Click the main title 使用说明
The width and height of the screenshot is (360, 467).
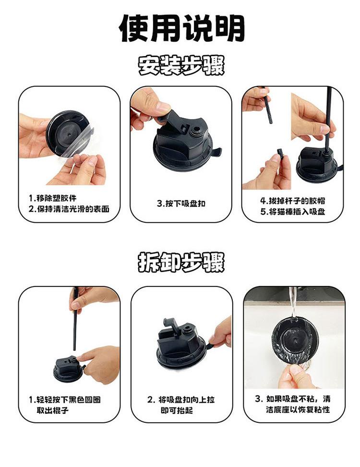pyautogui.click(x=181, y=28)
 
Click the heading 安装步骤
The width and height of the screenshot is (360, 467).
pyautogui.click(x=181, y=65)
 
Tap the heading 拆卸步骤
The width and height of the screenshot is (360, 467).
pyautogui.click(x=181, y=262)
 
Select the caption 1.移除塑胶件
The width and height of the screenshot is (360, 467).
pyautogui.click(x=53, y=198)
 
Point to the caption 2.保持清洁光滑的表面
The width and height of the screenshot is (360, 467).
pyautogui.click(x=69, y=209)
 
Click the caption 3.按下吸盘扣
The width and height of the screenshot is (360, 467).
pyautogui.click(x=181, y=204)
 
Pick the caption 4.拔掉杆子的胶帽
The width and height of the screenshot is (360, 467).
pyautogui.click(x=292, y=201)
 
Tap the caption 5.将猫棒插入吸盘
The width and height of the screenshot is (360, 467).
pyautogui.click(x=292, y=212)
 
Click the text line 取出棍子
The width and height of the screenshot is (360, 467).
pyautogui.click(x=53, y=410)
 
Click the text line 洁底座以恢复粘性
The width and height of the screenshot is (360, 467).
pyautogui.click(x=298, y=409)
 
